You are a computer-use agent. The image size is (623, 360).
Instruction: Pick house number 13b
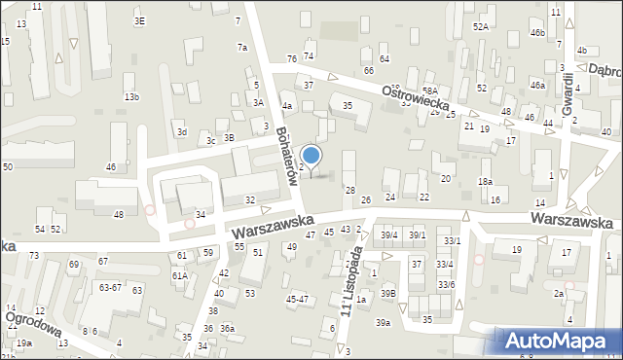click(131, 97)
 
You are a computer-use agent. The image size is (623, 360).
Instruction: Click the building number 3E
click(140, 20)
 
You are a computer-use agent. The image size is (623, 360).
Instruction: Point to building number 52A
click(481, 27)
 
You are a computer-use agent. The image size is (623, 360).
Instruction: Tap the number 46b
click(537, 33)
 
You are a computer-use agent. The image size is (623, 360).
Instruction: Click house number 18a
click(485, 182)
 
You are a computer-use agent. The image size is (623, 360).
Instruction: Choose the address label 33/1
click(453, 240)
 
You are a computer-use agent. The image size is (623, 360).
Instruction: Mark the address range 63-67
click(110, 288)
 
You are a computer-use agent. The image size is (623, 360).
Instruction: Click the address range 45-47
click(297, 299)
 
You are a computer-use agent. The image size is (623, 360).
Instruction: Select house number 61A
click(180, 275)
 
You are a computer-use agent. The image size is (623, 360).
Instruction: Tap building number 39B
click(388, 293)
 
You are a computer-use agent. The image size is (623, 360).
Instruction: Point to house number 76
click(291, 60)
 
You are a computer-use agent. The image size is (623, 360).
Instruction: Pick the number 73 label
click(33, 255)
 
